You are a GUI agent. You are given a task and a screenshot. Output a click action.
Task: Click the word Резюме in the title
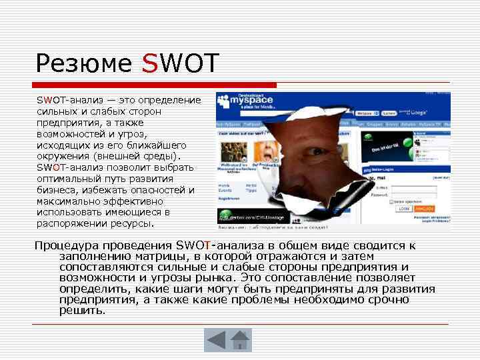[84, 64]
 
